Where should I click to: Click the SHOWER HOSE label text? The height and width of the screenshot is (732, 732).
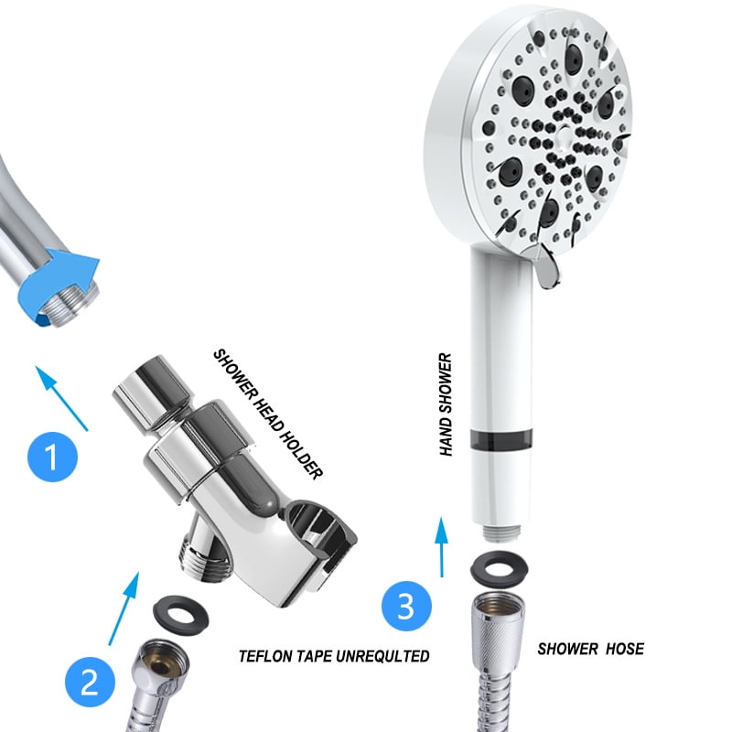coord(590,649)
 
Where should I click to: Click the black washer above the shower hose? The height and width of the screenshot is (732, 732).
coord(495,571)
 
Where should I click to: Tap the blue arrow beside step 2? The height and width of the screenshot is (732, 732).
coord(124,608)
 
